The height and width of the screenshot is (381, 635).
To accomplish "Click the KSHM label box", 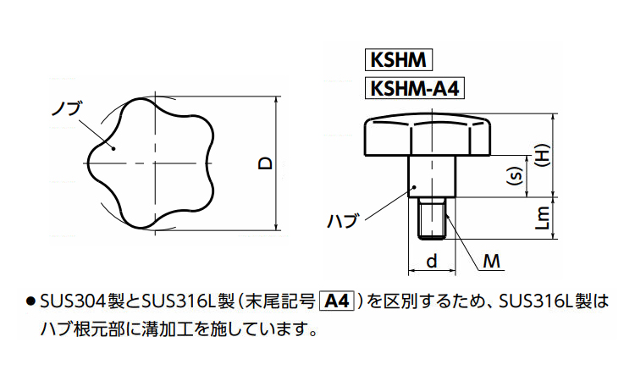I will (397, 61).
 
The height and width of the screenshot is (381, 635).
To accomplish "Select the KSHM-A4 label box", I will (416, 88).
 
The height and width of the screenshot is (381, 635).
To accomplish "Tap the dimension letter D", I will (265, 163).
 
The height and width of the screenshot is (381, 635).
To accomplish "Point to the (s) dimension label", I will (512, 178).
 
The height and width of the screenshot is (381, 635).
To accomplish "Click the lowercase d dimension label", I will (432, 262).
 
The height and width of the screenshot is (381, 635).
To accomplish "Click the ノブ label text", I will (65, 109).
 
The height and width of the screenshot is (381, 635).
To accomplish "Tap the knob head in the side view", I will (431, 137).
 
